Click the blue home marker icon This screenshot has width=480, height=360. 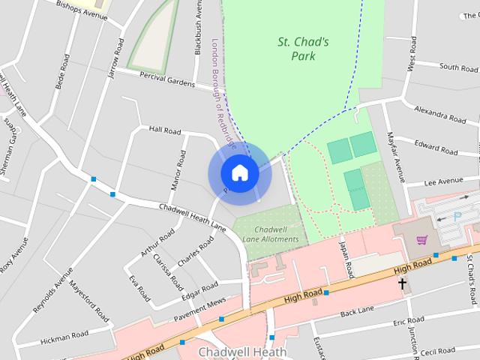(x=239, y=173)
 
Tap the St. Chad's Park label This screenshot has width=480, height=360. (x=303, y=49)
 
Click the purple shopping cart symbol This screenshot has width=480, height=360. (x=421, y=240)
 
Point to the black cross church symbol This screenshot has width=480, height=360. (x=403, y=284)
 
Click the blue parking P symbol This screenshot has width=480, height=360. (x=458, y=215)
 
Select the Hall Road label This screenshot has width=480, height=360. (x=165, y=130)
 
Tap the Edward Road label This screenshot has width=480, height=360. (x=436, y=148)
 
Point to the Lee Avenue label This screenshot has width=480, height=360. (x=443, y=181)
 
